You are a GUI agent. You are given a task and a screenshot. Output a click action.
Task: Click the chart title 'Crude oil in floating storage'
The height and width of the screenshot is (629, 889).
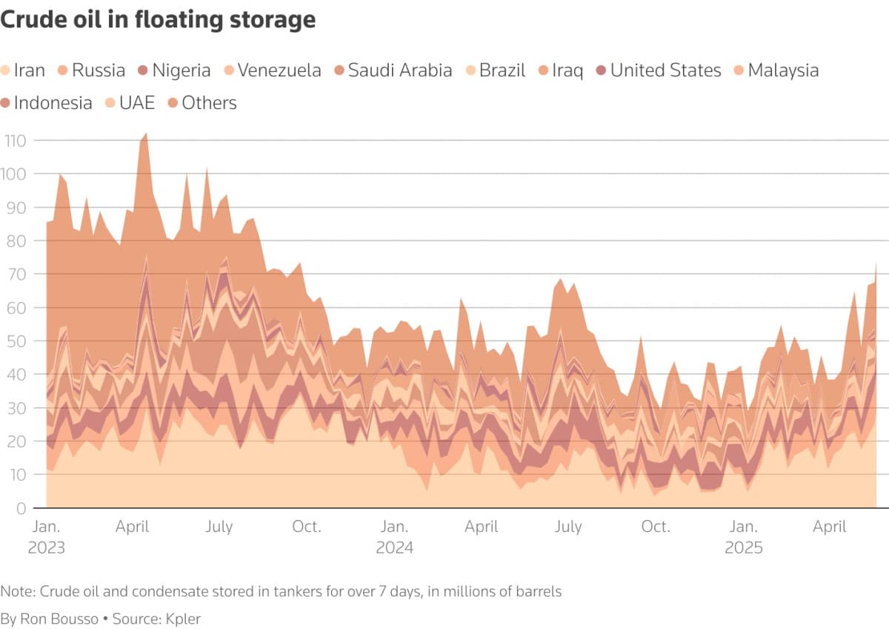pos(158,20)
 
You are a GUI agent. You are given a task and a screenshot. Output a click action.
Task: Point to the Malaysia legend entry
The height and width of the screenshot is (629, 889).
pos(783,70)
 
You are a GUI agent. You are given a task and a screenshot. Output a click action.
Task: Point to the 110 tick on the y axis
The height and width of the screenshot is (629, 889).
pos(15,140)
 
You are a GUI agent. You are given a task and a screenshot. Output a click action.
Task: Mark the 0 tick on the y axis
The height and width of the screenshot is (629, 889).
pos(21,508)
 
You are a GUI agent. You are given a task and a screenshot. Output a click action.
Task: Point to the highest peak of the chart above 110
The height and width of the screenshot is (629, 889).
pos(145,134)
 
